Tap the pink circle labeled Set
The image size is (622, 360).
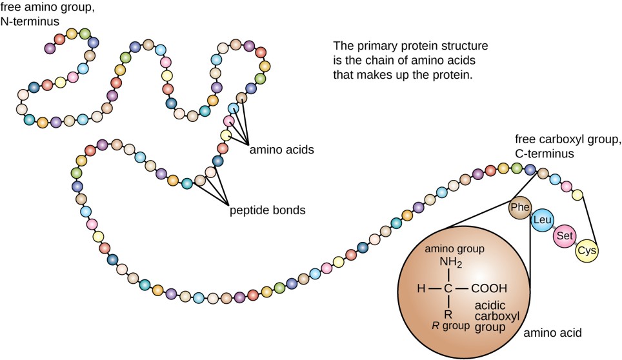coord(563,236)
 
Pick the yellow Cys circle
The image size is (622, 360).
coord(587,250)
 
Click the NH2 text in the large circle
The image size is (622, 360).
coord(451,263)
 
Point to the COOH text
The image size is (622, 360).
coord(489,288)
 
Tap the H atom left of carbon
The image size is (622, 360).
coord(421,288)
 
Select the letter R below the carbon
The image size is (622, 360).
coord(448,314)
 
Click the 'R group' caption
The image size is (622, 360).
coord(449,326)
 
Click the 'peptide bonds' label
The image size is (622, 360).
coord(268,210)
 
